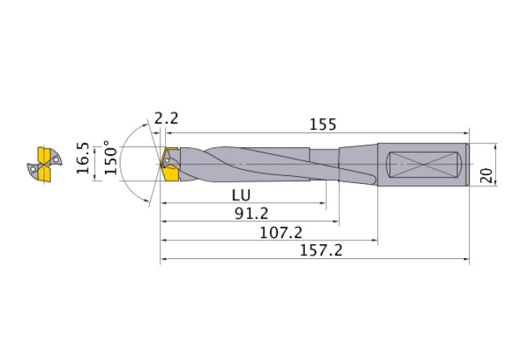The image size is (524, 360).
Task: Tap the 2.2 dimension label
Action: click(166, 119)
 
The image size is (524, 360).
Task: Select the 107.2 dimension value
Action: click(271, 232)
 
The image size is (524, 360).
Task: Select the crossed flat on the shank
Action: click(425, 165)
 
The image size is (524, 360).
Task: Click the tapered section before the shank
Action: click(360, 165)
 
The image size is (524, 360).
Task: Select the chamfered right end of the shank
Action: click(467, 165)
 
